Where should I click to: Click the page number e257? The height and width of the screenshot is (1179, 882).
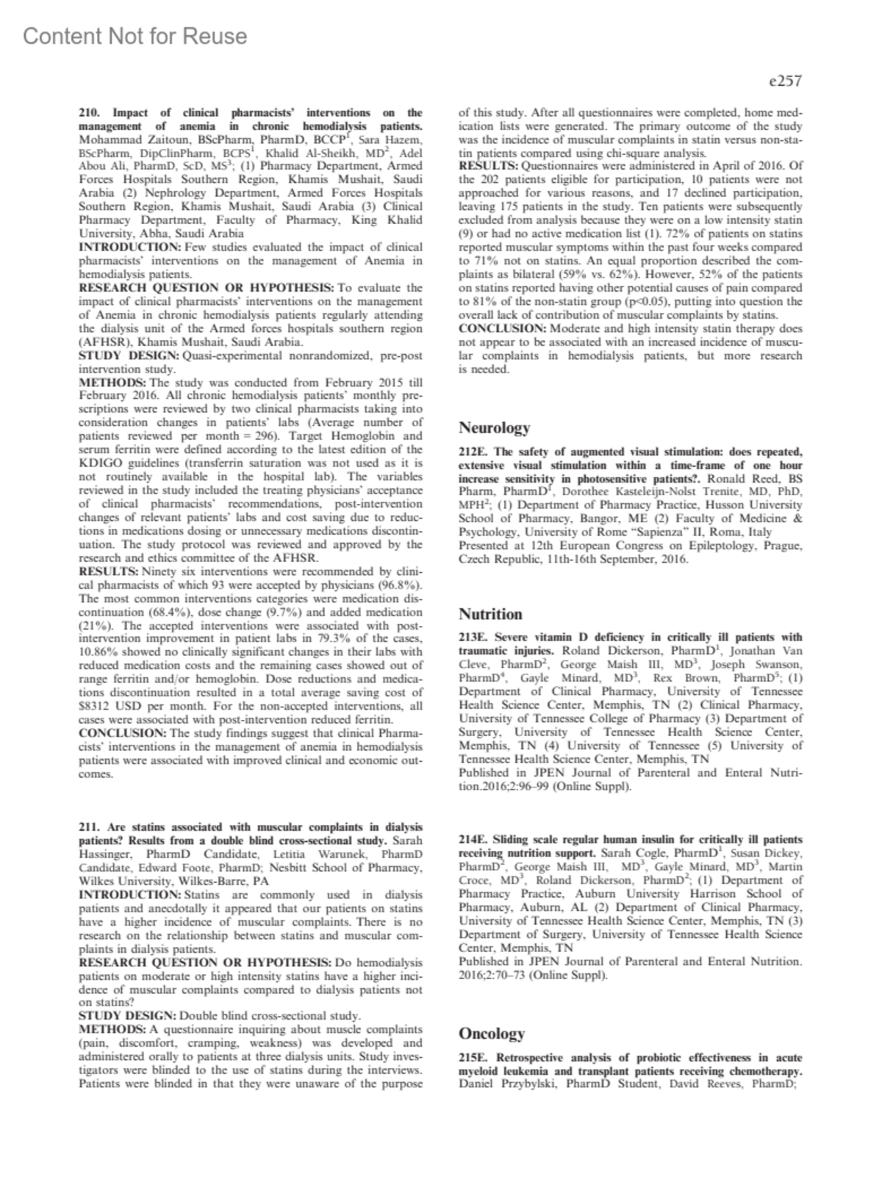coord(784,82)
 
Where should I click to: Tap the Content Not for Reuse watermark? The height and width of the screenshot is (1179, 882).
coord(135,36)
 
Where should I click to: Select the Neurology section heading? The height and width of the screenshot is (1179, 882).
coord(494,428)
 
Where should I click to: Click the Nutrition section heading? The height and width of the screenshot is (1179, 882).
coord(490,614)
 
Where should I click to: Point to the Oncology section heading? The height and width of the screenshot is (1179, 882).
coord(492,1034)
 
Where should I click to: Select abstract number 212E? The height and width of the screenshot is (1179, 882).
coord(473,452)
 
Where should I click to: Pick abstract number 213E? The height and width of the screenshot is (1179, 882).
coord(473,638)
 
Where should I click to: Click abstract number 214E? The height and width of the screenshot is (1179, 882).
coord(473,839)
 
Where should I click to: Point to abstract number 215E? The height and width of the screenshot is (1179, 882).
coord(473,1058)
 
